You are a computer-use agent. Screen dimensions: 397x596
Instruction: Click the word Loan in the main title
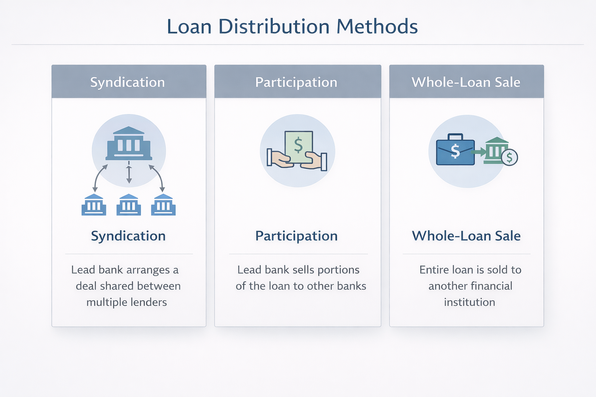point(189,27)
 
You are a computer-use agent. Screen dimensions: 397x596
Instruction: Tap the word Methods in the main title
point(377,27)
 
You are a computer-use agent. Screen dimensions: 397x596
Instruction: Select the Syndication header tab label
point(127,82)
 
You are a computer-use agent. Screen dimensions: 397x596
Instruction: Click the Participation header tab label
point(296,82)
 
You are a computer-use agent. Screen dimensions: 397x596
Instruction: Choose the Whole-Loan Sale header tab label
point(466,82)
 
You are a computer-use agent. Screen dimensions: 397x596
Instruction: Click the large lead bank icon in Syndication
point(129,143)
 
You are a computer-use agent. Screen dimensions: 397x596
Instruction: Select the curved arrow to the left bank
point(99,177)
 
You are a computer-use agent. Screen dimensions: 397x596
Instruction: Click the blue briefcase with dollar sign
point(456,152)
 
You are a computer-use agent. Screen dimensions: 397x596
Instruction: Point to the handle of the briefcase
point(455,137)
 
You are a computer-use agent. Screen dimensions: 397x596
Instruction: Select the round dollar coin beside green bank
point(509,157)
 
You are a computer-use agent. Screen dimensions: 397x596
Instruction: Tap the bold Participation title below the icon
point(296,236)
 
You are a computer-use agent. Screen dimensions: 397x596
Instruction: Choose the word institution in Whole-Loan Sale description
point(470,302)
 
